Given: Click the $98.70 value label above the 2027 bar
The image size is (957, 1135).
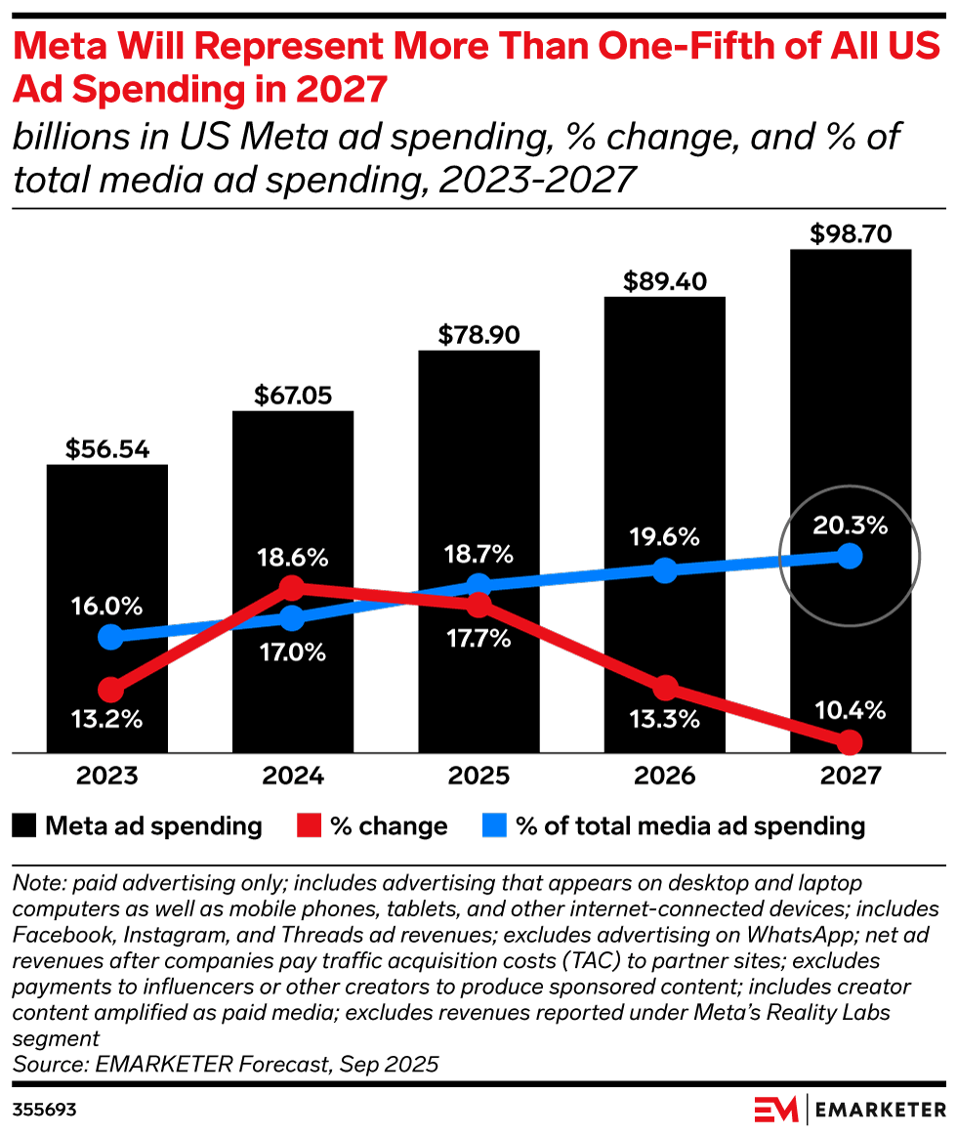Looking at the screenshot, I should click(x=851, y=234).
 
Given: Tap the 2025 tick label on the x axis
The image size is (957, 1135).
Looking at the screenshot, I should click(x=478, y=778).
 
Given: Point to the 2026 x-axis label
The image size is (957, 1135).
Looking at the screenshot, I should click(x=664, y=778).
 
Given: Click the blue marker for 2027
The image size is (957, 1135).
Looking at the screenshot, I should click(x=850, y=556).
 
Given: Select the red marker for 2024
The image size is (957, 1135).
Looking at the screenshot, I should click(x=291, y=587).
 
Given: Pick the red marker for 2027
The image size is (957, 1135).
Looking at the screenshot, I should click(x=850, y=741).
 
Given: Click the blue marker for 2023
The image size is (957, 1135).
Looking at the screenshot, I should click(x=111, y=637).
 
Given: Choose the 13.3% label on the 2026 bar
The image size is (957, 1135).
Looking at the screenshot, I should click(x=664, y=720).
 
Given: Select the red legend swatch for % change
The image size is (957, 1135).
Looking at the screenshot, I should click(x=309, y=826).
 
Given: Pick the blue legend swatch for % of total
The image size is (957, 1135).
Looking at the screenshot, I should click(x=494, y=826).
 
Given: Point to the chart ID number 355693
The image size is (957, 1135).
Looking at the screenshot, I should click(x=45, y=1111).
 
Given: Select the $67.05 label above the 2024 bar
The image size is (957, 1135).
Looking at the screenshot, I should click(x=292, y=395).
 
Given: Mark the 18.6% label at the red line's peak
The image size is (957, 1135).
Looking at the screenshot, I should click(x=292, y=559).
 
